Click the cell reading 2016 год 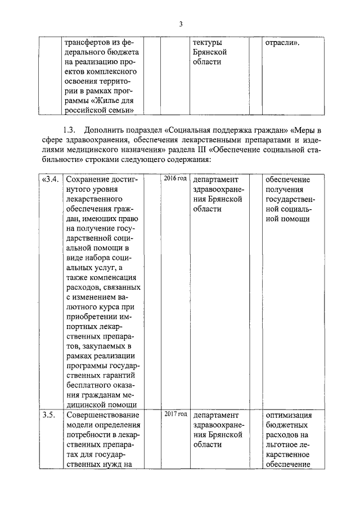point(175,179)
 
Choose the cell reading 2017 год point(175,414)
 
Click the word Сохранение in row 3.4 point(91,180)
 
